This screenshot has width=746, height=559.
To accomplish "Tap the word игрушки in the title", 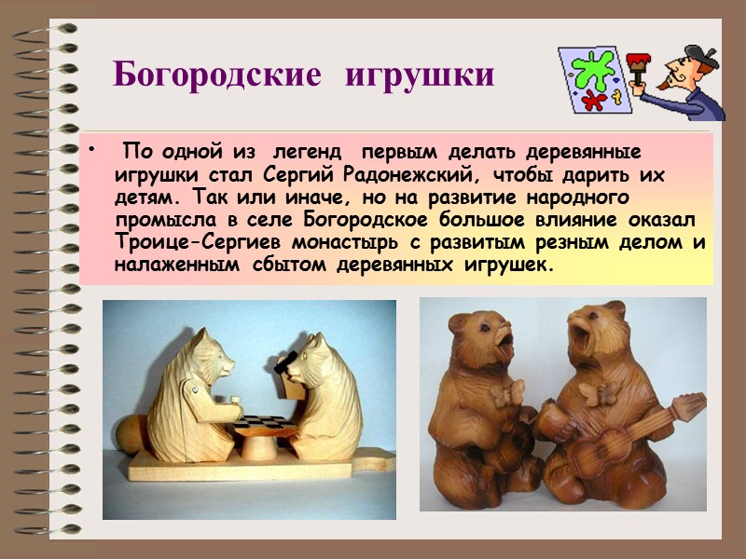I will pos(419,74).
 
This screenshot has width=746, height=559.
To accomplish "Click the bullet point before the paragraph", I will pos(90,153).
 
